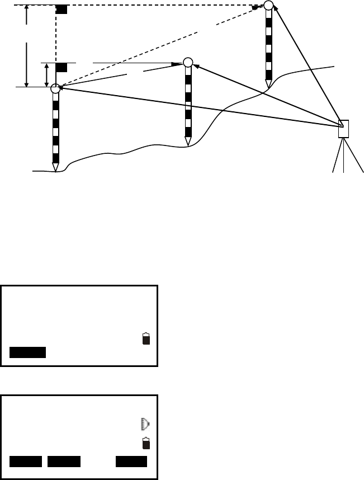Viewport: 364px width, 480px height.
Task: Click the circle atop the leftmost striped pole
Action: coord(55,88)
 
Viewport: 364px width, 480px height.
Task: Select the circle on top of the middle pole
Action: coord(188,62)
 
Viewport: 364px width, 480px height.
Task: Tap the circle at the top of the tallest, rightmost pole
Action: coord(269,6)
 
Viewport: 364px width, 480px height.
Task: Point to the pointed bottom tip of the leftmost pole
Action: coord(55,167)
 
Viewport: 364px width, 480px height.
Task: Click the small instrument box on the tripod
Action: coord(343,129)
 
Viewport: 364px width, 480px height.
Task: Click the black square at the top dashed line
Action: coord(62,10)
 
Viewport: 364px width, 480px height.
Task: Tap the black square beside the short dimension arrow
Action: coord(62,68)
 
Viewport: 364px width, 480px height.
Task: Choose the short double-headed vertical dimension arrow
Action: coord(46,75)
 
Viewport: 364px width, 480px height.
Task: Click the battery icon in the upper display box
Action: coord(146,339)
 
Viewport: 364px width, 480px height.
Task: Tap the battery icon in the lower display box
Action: coord(146,444)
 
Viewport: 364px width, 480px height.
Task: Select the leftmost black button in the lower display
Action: coord(26,461)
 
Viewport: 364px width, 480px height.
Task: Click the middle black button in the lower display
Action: coord(64,461)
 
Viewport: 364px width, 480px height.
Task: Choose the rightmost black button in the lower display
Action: coord(131,461)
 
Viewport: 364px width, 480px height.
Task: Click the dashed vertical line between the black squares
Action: coord(55,37)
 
